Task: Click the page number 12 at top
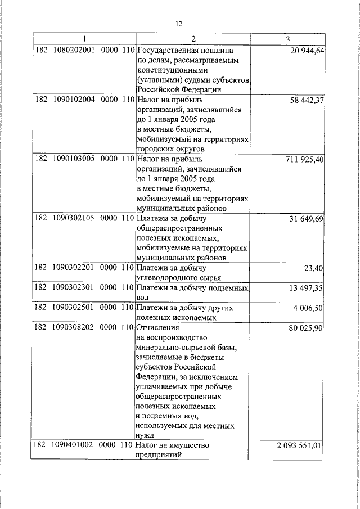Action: click(x=179, y=24)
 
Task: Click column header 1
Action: click(x=84, y=39)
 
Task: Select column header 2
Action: click(x=193, y=39)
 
